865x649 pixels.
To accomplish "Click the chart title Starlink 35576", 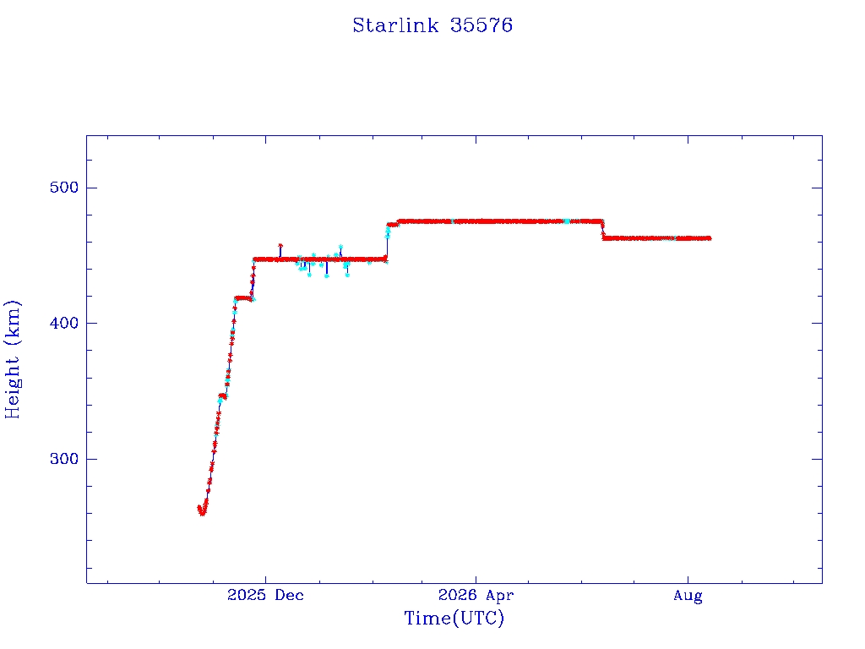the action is coord(432,25).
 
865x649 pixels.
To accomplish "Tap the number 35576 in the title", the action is coord(481,25).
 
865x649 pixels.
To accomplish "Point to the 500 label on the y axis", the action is coord(64,188).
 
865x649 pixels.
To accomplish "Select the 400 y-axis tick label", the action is coord(64,323).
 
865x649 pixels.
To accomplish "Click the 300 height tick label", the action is coord(64,459).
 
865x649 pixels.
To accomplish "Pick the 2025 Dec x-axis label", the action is coord(265,595).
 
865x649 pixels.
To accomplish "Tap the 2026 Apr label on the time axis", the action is coord(476,595).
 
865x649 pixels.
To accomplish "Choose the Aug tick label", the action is coord(688,596).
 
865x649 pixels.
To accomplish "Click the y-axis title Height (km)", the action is coord(12,359).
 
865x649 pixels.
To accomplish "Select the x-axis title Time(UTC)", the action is coord(454,618).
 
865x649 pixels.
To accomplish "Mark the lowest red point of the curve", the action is coord(202,513).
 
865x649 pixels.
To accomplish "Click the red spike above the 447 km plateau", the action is coord(280,246).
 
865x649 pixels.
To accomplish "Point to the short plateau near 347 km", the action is coord(222,395).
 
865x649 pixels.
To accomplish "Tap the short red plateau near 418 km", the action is coord(242,298).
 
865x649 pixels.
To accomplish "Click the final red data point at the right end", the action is coord(709,238).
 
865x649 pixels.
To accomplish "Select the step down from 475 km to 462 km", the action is coord(602,230).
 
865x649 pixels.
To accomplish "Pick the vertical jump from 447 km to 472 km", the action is coord(387,243).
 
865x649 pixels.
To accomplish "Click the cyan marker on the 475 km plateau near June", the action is coord(567,221).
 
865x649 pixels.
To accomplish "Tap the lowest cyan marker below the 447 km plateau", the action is coord(327,275).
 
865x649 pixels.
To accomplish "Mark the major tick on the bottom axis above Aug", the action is coord(688,580).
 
